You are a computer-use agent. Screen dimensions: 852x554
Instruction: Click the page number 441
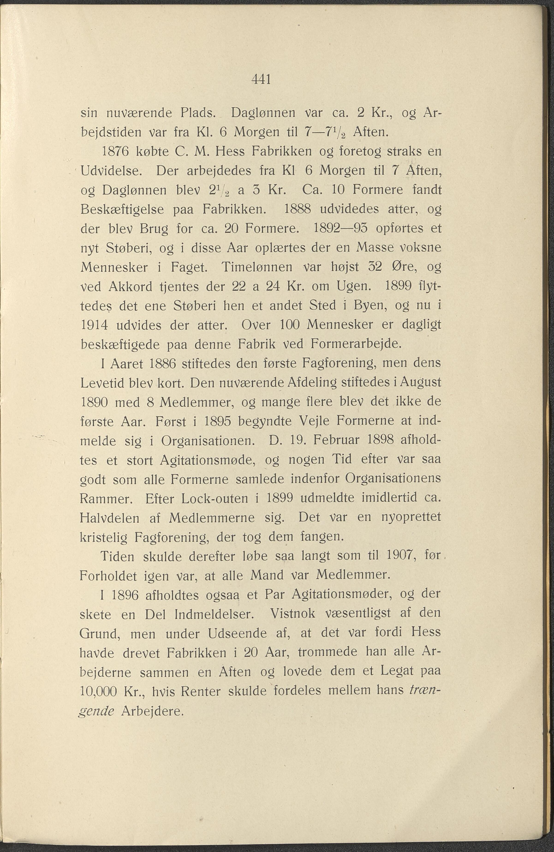point(261,79)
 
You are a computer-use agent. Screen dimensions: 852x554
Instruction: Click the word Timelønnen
point(257,267)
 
